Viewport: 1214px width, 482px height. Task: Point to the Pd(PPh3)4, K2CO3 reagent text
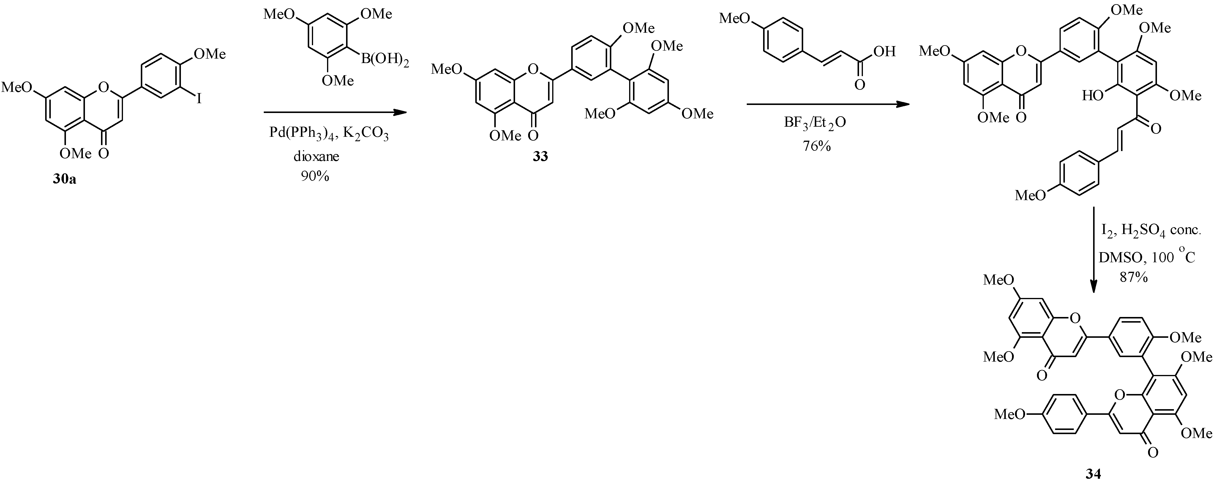[x=329, y=134]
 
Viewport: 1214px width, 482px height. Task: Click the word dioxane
[x=316, y=156]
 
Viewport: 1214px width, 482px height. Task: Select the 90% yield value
[x=315, y=176]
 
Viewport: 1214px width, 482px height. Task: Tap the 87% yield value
[x=1134, y=277]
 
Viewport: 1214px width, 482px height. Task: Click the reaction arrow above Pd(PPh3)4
[x=334, y=112]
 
